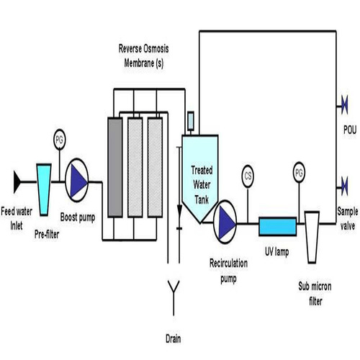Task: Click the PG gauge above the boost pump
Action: click(x=60, y=137)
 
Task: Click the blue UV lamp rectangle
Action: click(x=276, y=226)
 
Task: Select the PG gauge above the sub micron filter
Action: click(x=299, y=174)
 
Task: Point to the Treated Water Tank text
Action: click(x=201, y=181)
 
